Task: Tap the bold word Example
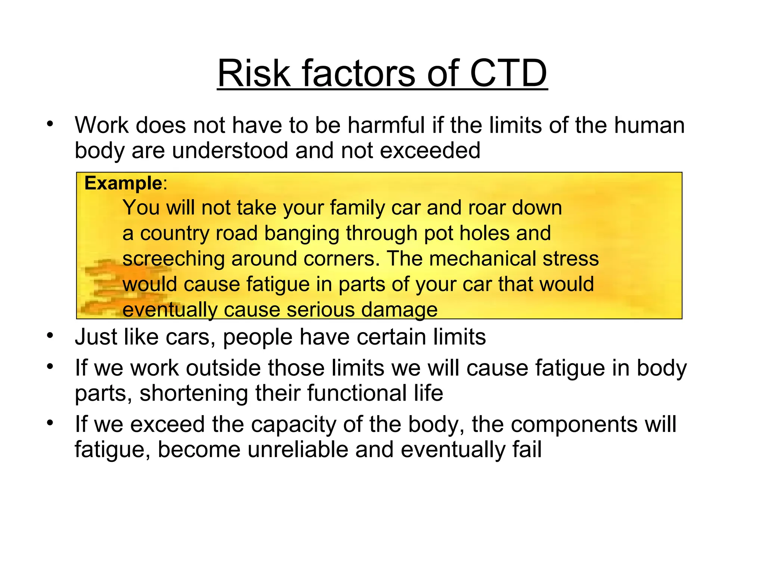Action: (123, 183)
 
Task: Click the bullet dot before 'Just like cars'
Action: (50, 335)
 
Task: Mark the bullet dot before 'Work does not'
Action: (50, 123)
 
